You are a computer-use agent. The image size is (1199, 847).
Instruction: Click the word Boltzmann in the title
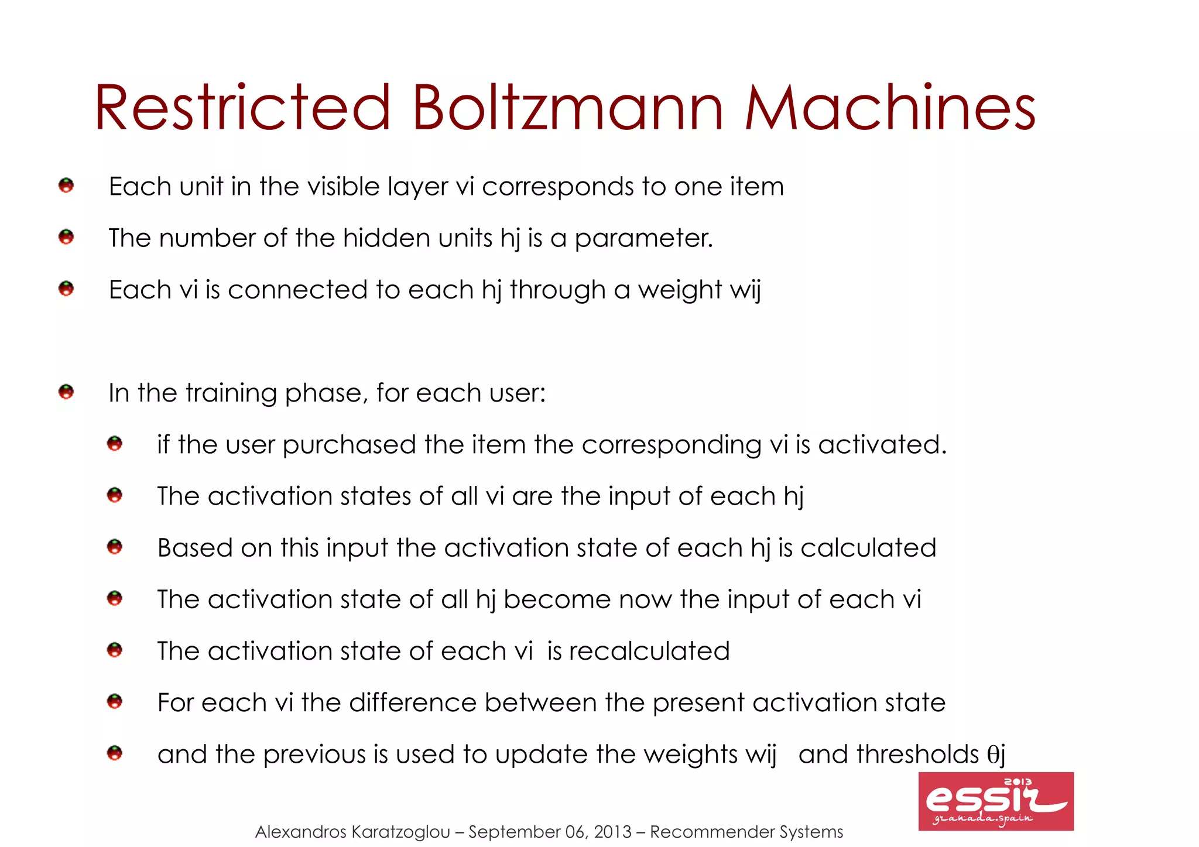tap(568, 108)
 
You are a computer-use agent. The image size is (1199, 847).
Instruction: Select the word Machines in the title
tap(890, 108)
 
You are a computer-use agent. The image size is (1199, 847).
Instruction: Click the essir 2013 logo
tap(996, 801)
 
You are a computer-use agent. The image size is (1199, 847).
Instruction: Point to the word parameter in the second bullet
tap(643, 238)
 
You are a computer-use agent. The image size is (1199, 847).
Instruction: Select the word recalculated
tap(649, 651)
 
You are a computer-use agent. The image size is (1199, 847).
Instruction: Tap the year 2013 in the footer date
tap(612, 832)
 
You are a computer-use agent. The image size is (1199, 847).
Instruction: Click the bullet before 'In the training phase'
tap(66, 392)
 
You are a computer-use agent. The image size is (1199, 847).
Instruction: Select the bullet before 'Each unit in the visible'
tap(66, 186)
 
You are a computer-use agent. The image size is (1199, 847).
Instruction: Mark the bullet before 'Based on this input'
tap(115, 547)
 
